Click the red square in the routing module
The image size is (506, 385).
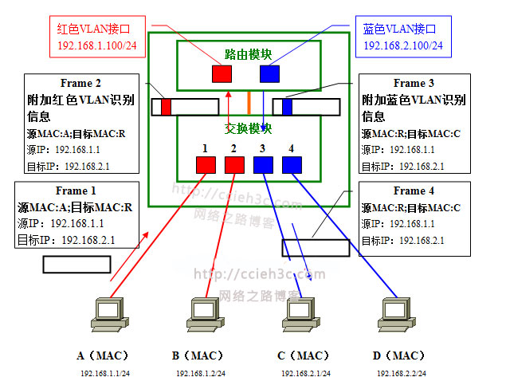[222, 74]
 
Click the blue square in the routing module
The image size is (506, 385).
[269, 74]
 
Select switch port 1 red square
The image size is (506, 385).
[206, 165]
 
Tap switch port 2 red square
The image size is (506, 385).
[234, 165]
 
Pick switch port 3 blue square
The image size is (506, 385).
[263, 165]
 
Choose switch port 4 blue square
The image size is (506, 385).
[292, 165]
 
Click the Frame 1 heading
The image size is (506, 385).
[76, 191]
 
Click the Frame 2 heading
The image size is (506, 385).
[80, 83]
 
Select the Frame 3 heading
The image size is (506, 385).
[414, 83]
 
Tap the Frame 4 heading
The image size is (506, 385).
[414, 191]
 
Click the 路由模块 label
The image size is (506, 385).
[248, 54]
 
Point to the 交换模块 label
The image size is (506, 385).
[248, 128]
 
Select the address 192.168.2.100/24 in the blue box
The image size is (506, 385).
[403, 45]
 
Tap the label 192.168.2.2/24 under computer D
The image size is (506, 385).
[401, 373]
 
